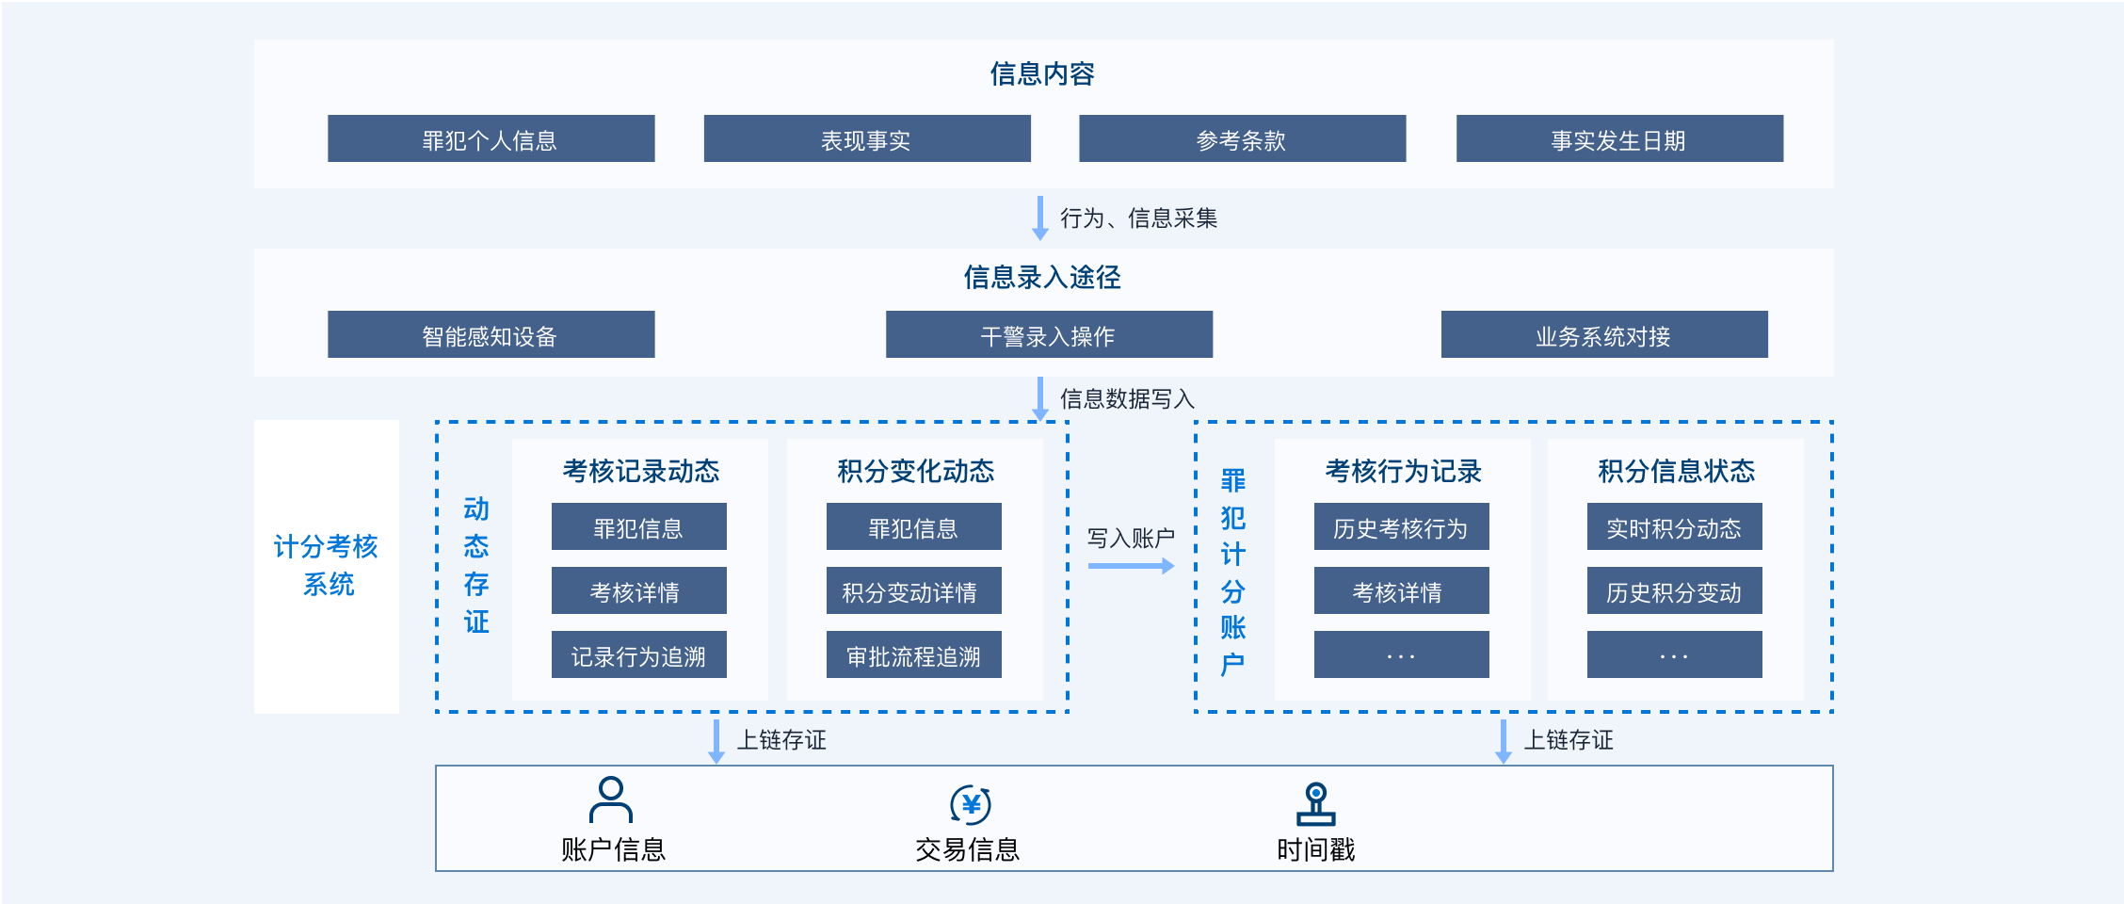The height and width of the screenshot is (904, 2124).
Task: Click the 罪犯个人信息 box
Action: click(491, 138)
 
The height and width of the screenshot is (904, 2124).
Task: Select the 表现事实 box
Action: click(867, 138)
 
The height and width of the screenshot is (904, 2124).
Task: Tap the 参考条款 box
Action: click(1242, 138)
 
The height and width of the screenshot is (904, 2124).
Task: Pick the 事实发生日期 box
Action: click(1619, 138)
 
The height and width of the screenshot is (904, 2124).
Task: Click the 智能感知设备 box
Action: click(491, 334)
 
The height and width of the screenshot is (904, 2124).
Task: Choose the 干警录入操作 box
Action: click(1049, 334)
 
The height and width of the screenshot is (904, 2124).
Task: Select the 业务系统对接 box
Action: click(1604, 334)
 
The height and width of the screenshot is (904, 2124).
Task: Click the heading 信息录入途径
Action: click(1042, 277)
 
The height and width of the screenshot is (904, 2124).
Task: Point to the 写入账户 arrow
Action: click(1132, 566)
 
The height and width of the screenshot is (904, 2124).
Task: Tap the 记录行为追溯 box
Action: click(639, 654)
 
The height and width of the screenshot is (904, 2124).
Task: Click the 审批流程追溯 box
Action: click(914, 654)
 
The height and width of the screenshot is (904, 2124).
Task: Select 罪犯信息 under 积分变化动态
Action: click(914, 526)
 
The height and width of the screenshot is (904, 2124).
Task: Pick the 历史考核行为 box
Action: click(1402, 526)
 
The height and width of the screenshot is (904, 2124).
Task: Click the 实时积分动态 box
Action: click(1675, 526)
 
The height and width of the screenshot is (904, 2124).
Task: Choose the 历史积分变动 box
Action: click(1675, 590)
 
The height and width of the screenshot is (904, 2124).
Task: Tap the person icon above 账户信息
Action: click(611, 800)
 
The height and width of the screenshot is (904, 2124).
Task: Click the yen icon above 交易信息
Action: click(971, 805)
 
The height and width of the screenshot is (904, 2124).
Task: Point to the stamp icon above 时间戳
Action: click(1316, 804)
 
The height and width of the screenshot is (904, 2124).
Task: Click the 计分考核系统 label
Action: click(327, 565)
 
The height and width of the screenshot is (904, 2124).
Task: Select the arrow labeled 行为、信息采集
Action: click(1040, 218)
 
